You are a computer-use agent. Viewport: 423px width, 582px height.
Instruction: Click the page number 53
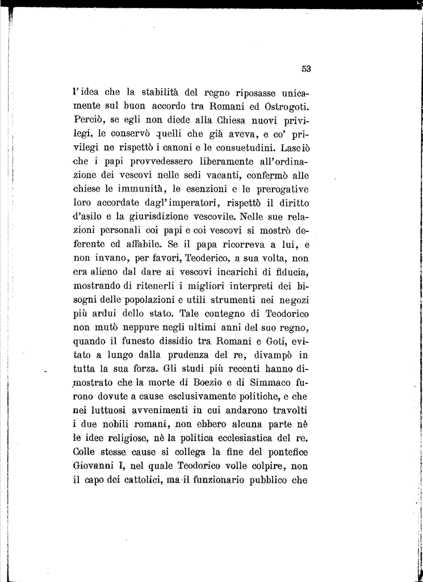(x=306, y=69)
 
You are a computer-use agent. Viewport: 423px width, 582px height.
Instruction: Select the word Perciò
(x=89, y=120)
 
